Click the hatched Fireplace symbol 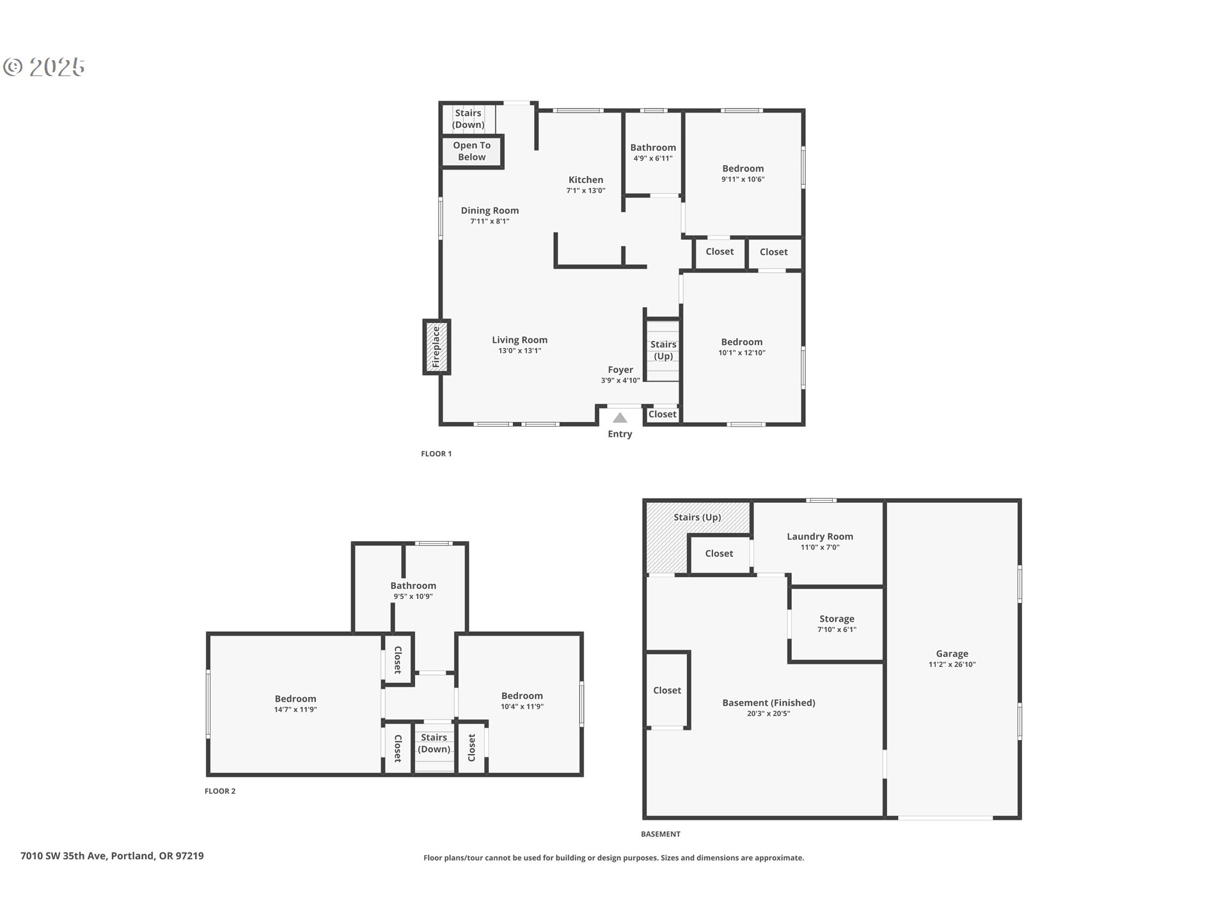[x=436, y=347]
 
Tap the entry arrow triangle [x=620, y=418]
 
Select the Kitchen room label [x=585, y=180]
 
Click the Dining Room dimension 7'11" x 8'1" [x=489, y=221]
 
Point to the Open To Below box [x=472, y=151]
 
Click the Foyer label [x=620, y=370]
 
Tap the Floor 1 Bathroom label [x=652, y=148]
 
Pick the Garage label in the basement [x=952, y=654]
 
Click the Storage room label [x=837, y=618]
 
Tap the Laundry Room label [x=819, y=537]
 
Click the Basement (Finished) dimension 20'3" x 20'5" [x=768, y=714]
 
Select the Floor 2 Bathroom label [x=413, y=586]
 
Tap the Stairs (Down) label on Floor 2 [x=434, y=743]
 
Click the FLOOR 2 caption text [x=220, y=791]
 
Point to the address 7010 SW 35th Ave [x=112, y=856]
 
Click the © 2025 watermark [x=44, y=67]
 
